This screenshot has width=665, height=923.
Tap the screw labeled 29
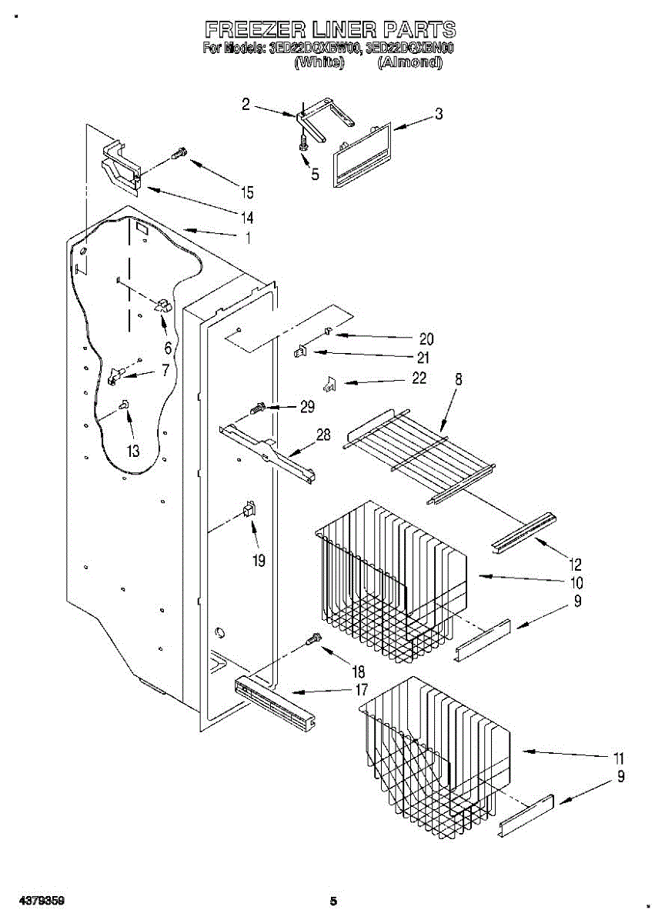(x=259, y=407)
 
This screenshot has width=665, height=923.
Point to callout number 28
(x=322, y=435)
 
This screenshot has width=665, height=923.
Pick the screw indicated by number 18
(x=313, y=638)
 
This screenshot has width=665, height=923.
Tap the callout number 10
(x=576, y=582)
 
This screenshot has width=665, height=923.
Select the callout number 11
(x=618, y=758)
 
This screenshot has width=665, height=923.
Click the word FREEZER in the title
(x=255, y=30)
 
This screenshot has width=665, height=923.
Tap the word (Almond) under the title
(x=409, y=63)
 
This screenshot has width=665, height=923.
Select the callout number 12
(x=576, y=563)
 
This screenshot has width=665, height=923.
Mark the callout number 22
(x=419, y=378)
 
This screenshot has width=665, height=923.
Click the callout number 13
(x=133, y=451)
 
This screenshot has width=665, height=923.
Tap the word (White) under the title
(x=319, y=63)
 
